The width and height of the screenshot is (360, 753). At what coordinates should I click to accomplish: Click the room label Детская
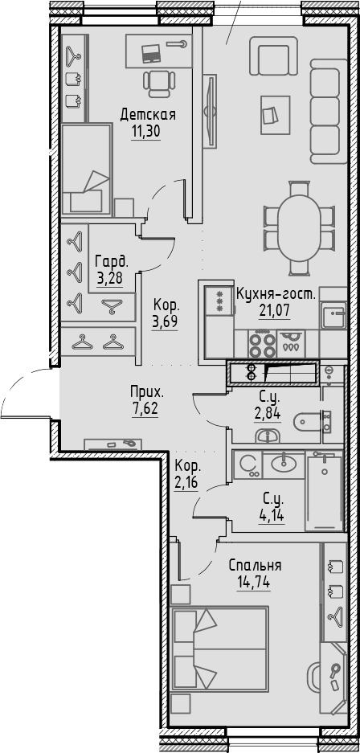(x=148, y=115)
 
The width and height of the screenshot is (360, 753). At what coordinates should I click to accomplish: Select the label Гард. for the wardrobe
(x=111, y=261)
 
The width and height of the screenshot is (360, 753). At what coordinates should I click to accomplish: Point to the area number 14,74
(x=254, y=581)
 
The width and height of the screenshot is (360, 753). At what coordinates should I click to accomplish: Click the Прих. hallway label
(x=148, y=392)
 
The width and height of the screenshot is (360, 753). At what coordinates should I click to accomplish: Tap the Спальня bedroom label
(x=254, y=565)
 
